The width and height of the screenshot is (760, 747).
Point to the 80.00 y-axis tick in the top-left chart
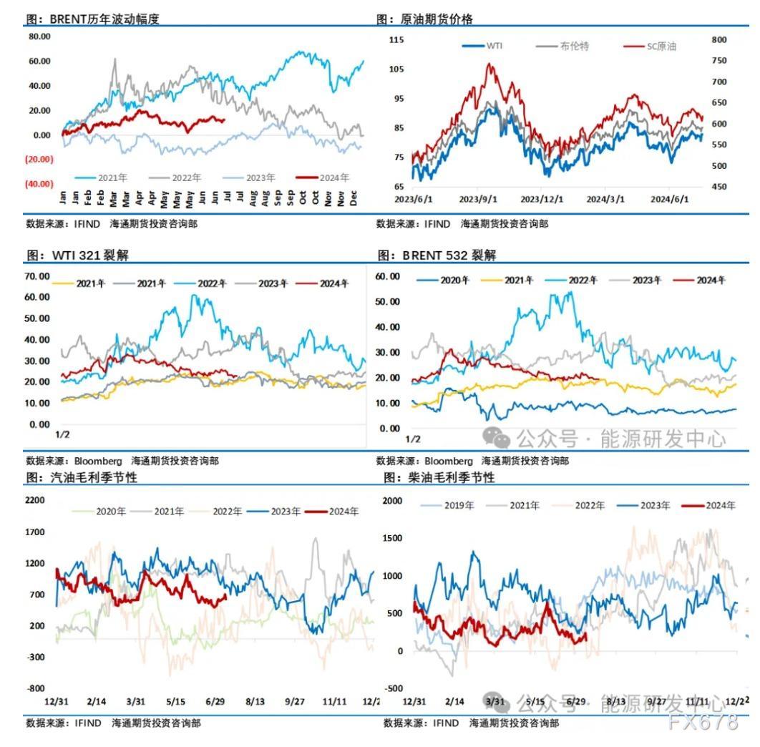click(x=39, y=36)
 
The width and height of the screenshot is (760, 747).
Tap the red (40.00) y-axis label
click(x=39, y=183)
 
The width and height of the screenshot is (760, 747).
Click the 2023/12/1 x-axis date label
click(x=541, y=200)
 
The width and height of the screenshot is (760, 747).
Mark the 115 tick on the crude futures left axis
click(x=396, y=39)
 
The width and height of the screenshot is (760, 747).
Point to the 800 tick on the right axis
click(x=719, y=39)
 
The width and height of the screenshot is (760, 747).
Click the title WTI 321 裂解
click(x=89, y=255)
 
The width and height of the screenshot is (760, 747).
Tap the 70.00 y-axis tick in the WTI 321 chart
click(x=39, y=276)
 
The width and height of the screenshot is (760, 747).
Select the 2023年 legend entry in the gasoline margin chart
click(x=286, y=512)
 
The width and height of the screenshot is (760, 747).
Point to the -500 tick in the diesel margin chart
click(x=394, y=689)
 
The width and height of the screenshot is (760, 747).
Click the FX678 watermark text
click(x=703, y=723)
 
